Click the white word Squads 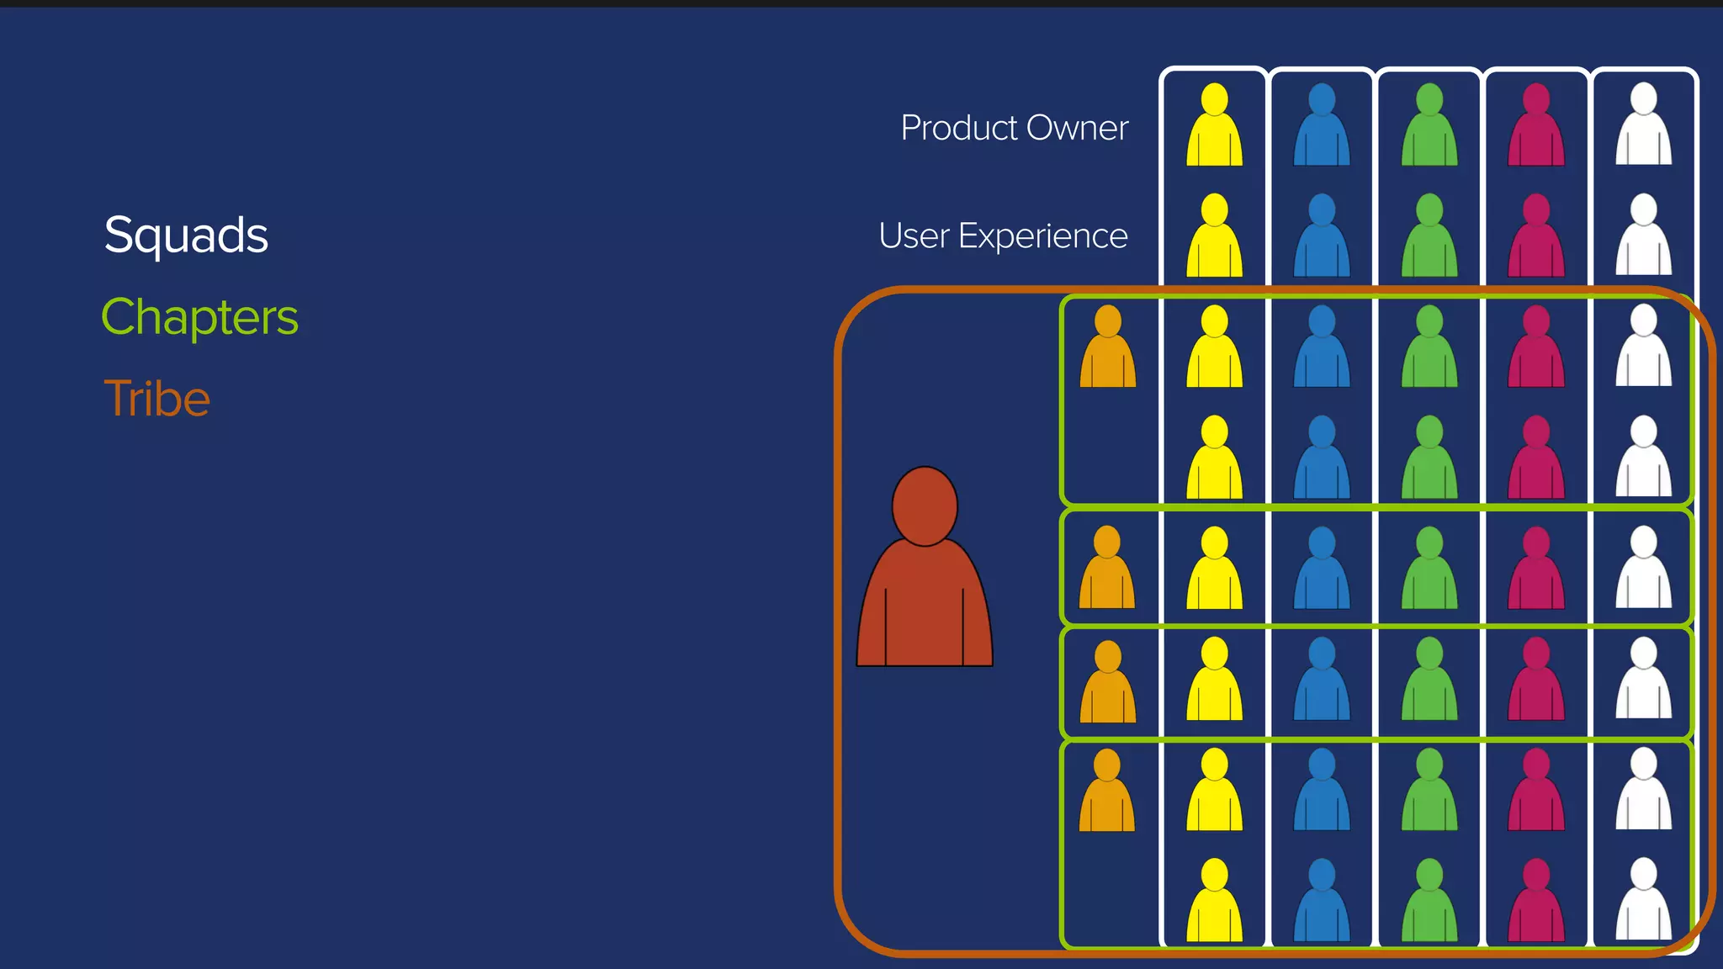186,235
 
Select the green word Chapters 199,317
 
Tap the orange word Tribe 156,398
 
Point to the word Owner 1077,128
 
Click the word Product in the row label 959,128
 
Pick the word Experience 1042,236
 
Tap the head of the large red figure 925,506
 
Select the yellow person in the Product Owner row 1214,126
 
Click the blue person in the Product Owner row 1322,126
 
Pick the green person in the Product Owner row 1429,126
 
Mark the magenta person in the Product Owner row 1536,126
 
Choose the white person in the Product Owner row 1643,126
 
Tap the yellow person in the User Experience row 1214,237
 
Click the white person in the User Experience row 1643,237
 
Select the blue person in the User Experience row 1322,237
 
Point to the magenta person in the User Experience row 1536,237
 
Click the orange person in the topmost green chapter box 1108,348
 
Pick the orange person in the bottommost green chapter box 1107,792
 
